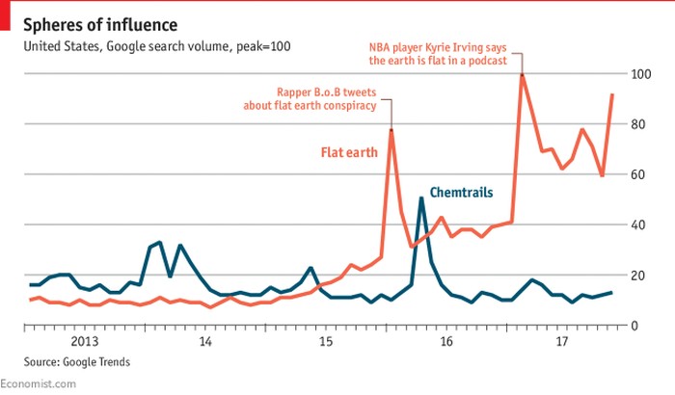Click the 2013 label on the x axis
(85, 341)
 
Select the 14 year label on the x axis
(205, 341)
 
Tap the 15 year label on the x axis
(326, 341)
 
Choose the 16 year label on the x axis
(445, 341)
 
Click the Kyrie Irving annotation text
(445, 52)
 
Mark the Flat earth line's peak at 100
(522, 75)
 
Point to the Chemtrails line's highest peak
(421, 198)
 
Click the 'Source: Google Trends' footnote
(65, 362)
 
